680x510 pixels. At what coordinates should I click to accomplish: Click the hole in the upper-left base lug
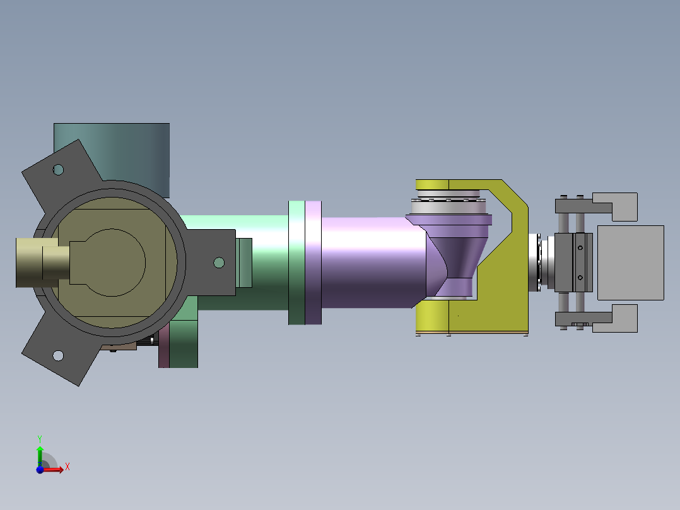pyautogui.click(x=58, y=170)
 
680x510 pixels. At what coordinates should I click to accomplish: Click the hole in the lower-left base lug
pyautogui.click(x=58, y=356)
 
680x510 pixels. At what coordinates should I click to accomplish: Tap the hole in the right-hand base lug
pyautogui.click(x=219, y=263)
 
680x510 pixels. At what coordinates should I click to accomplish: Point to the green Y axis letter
pyautogui.click(x=40, y=439)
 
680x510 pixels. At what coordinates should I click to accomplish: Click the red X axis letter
pyautogui.click(x=67, y=467)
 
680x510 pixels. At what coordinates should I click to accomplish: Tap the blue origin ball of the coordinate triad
pyautogui.click(x=40, y=470)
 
